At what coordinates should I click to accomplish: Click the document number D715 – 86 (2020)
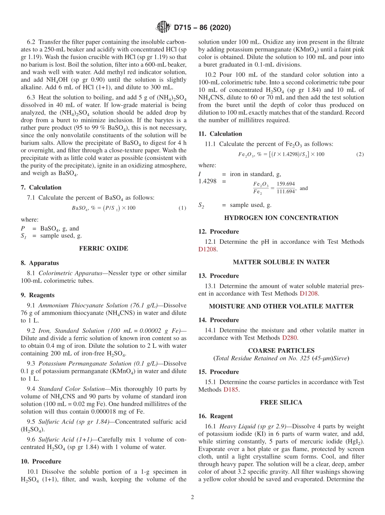pyautogui.click(x=202, y=28)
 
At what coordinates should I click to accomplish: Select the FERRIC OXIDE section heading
pyautogui.click(x=103, y=249)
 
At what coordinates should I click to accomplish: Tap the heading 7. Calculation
pyautogui.click(x=41, y=187)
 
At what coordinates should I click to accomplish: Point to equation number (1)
pyautogui.click(x=182, y=208)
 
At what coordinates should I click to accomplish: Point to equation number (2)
pyautogui.click(x=360, y=155)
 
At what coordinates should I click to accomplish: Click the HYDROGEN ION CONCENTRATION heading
pyautogui.click(x=281, y=218)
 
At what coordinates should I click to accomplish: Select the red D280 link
pyautogui.click(x=290, y=338)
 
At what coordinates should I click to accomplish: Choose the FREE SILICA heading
pyautogui.click(x=281, y=402)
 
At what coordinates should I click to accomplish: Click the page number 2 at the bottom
pyautogui.click(x=192, y=498)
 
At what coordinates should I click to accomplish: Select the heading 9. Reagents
pyautogui.click(x=38, y=295)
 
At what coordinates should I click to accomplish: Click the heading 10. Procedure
pyautogui.click(x=41, y=462)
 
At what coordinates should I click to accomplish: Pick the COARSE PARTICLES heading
pyautogui.click(x=281, y=351)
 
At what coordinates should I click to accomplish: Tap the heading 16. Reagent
pyautogui.click(x=216, y=416)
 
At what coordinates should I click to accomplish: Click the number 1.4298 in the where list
pyautogui.click(x=207, y=181)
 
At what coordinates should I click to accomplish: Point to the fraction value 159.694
pyautogui.click(x=286, y=184)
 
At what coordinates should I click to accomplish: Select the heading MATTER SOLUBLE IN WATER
pyautogui.click(x=281, y=262)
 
